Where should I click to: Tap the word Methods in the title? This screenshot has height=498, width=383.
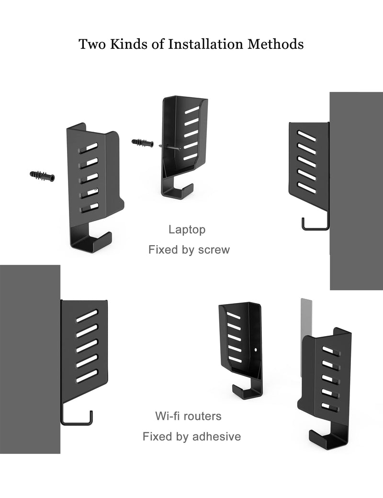pyautogui.click(x=276, y=44)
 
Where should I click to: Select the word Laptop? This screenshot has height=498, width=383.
pyautogui.click(x=187, y=230)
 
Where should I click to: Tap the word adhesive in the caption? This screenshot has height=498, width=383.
pyautogui.click(x=216, y=436)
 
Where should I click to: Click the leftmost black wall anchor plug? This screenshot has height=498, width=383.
pyautogui.click(x=42, y=176)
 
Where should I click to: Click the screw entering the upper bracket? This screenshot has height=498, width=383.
pyautogui.click(x=170, y=147)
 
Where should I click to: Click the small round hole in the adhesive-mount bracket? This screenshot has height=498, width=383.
pyautogui.click(x=256, y=350)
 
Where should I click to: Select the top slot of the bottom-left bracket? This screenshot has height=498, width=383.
pyautogui.click(x=87, y=316)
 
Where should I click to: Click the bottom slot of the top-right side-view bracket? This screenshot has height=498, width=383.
pyautogui.click(x=307, y=187)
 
